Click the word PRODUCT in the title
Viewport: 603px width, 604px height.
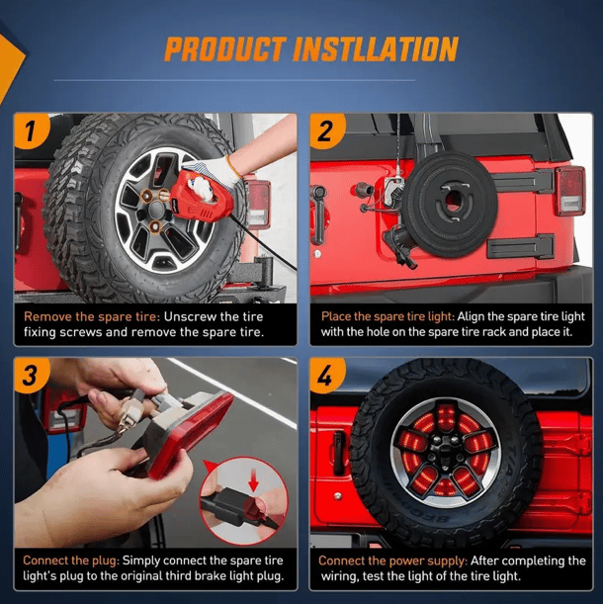tap(225, 49)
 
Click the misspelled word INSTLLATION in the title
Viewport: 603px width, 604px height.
tap(376, 49)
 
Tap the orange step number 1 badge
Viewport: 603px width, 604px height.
tap(31, 130)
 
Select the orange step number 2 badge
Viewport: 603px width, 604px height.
tap(326, 130)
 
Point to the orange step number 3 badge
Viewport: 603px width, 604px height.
tap(31, 375)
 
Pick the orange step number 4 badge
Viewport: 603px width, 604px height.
tap(326, 375)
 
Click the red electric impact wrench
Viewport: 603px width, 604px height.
tap(201, 200)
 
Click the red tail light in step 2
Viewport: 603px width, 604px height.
tap(569, 191)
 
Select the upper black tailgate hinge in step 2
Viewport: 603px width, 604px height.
tap(523, 181)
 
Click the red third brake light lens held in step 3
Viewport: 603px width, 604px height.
tap(189, 434)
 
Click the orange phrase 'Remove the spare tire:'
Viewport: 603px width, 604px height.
tap(92, 316)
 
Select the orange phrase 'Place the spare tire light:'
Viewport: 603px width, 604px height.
tap(388, 316)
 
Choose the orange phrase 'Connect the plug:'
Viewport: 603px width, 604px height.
tap(71, 561)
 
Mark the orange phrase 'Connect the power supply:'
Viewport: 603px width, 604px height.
tap(393, 561)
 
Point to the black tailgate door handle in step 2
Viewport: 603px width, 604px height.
tap(318, 215)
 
